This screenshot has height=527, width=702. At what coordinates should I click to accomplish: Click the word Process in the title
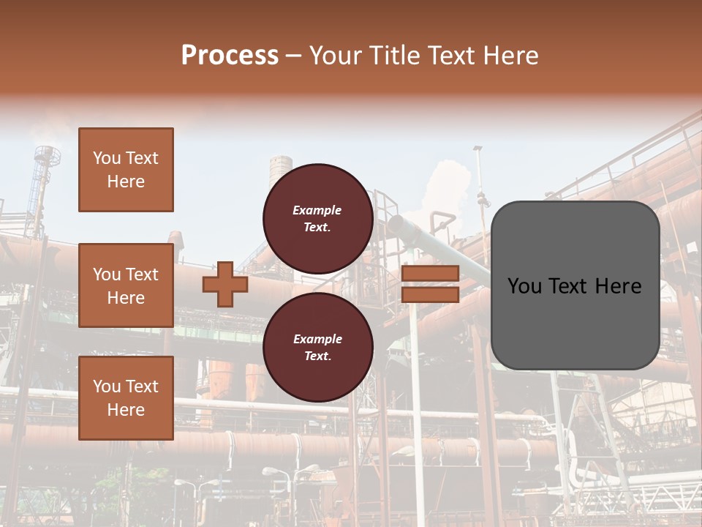(x=230, y=56)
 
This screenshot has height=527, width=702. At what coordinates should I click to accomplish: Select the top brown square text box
(x=126, y=170)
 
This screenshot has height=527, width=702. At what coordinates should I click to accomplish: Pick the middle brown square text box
(x=126, y=285)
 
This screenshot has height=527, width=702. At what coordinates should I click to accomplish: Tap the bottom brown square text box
(x=126, y=398)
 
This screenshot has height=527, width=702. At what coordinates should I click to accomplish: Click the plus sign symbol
(x=225, y=285)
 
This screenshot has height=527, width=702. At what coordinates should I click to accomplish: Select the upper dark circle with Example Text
(x=318, y=218)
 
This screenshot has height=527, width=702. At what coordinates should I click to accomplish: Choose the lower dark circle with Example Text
(x=318, y=347)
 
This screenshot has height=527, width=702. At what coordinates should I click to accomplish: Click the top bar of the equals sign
(x=430, y=274)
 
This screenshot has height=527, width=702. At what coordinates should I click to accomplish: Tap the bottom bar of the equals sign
(x=430, y=294)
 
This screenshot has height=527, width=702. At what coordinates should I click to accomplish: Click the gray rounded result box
(x=575, y=285)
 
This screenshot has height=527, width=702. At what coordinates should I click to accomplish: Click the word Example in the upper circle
(x=317, y=210)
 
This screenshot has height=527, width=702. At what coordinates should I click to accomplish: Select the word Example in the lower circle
(x=317, y=339)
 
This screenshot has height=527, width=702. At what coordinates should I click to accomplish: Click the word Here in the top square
(x=126, y=182)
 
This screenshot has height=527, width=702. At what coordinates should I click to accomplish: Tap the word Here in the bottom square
(x=126, y=410)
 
